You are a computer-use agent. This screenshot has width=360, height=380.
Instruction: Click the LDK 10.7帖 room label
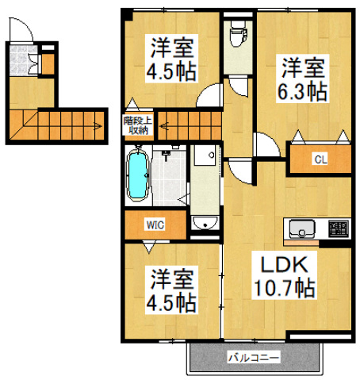coord(285,275)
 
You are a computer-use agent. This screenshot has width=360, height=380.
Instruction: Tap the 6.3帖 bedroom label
coord(301,79)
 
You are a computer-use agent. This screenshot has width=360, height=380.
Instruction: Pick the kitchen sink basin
coord(302,229)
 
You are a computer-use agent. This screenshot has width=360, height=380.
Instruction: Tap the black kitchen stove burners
coord(339,229)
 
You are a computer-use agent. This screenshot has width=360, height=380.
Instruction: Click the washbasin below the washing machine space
coord(205,223)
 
